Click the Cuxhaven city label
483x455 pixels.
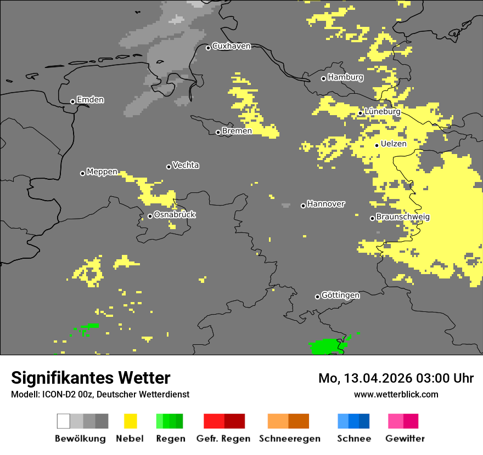[x=231, y=46]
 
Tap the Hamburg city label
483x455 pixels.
[x=345, y=77]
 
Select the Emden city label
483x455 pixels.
[x=90, y=100]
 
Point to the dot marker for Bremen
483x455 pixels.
[x=218, y=132]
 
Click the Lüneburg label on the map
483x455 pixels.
[x=383, y=111]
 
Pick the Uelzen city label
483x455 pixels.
[x=394, y=144]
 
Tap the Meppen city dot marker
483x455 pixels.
[x=82, y=173]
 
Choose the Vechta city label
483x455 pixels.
[x=186, y=165]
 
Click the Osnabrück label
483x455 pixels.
[x=175, y=214]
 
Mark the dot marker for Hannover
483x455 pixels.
[x=303, y=206]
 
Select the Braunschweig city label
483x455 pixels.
[x=403, y=217]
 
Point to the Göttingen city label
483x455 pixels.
[x=340, y=295]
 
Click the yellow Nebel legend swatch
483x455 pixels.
[x=130, y=421]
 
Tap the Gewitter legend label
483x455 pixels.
[x=405, y=439]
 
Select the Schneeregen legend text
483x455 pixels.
[x=289, y=439]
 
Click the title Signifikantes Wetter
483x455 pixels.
[x=91, y=378]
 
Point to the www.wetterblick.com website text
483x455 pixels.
[x=396, y=394]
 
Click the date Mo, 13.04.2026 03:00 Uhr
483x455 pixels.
[x=396, y=378]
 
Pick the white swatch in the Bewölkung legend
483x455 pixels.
[x=64, y=421]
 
